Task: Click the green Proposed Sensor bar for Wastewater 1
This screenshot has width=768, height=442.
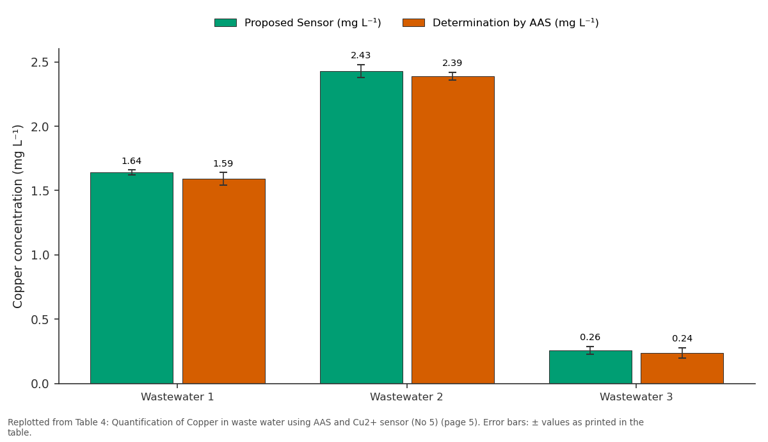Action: [132, 278]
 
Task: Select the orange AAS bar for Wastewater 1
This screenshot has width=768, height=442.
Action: [224, 281]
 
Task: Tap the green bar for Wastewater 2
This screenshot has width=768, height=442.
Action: [362, 227]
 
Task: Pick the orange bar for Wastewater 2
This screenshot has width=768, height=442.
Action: [453, 230]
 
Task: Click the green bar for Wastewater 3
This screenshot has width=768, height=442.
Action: [590, 367]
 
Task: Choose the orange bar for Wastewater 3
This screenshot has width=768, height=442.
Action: [682, 368]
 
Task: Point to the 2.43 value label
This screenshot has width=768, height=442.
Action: [361, 55]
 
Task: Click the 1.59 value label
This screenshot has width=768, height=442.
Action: [223, 163]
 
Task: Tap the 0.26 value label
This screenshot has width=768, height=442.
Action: [590, 337]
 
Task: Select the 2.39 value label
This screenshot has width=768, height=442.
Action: [452, 63]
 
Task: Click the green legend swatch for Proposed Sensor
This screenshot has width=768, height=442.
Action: [225, 22]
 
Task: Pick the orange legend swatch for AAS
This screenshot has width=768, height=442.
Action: [413, 22]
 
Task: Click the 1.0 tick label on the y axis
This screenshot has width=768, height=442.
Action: [40, 255]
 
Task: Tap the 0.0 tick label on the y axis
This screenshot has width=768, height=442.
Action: [40, 384]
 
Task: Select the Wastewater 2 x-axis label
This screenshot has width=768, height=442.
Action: [406, 397]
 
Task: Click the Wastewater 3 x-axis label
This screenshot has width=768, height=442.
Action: [636, 397]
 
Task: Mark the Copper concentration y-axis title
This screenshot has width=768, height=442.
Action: [17, 217]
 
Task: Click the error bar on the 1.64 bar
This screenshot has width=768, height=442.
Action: [132, 172]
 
